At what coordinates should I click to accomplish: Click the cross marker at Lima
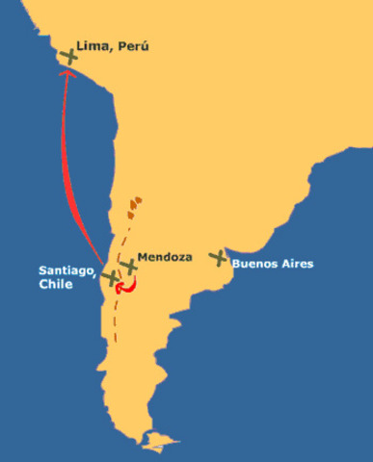pyautogui.click(x=68, y=57)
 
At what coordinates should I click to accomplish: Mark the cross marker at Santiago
pyautogui.click(x=111, y=277)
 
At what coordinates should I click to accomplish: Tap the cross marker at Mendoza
pyautogui.click(x=128, y=267)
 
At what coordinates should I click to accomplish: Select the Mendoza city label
pyautogui.click(x=165, y=258)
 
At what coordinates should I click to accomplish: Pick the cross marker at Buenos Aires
pyautogui.click(x=219, y=257)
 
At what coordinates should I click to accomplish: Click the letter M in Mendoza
pyautogui.click(x=144, y=258)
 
